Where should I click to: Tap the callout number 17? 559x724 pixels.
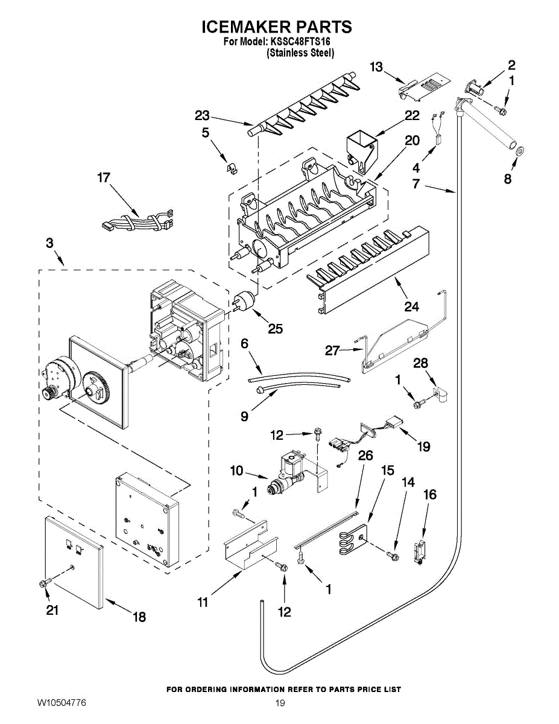[x=104, y=178]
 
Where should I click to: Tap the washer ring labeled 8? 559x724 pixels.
[x=519, y=150]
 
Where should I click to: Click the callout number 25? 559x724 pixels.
[x=276, y=329]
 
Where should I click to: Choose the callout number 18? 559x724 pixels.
[x=139, y=617]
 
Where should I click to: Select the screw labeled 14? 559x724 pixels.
[x=393, y=554]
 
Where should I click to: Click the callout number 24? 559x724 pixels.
[x=412, y=306]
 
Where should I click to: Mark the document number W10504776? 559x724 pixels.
[x=62, y=704]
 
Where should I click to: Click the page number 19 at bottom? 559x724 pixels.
[x=280, y=704]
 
